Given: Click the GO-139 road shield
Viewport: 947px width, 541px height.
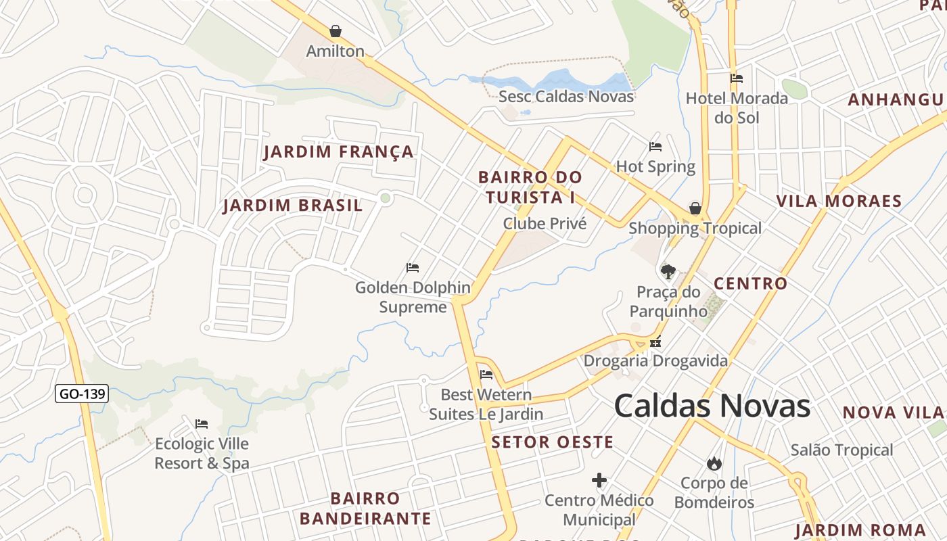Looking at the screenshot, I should point(82,394).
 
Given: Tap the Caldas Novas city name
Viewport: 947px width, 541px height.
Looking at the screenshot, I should point(712,406).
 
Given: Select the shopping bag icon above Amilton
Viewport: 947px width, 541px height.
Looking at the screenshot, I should point(336,31).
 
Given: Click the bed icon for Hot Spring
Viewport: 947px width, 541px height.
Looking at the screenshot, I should point(655,147).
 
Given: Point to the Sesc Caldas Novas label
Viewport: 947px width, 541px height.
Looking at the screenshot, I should point(566,96).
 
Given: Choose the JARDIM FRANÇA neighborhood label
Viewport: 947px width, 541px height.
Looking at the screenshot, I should point(338,151).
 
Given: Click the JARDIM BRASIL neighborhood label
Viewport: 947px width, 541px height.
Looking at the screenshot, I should point(292,206).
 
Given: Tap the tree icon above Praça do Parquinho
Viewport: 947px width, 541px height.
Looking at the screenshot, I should point(668,272).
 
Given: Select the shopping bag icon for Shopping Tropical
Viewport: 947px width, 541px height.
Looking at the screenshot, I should point(695,208).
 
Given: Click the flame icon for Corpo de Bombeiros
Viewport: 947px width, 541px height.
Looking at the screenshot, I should point(714,463).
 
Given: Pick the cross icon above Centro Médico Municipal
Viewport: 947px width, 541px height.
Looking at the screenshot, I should point(599,481).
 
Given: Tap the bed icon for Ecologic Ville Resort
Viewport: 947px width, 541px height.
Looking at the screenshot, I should point(202,424).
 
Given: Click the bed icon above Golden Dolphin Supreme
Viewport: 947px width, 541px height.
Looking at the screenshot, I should point(412,268).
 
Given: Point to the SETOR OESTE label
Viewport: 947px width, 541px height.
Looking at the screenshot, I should point(552,442).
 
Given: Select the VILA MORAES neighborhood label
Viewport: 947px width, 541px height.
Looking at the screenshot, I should point(839,201).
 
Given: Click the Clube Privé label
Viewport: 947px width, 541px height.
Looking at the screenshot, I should point(545,223).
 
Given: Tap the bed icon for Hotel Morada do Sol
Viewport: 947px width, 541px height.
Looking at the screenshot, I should point(737,78).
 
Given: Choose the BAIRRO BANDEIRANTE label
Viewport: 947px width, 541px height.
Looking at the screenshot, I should point(365,509).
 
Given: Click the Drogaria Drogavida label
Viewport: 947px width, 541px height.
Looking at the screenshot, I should point(655,360).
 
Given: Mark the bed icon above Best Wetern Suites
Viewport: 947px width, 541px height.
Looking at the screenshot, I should point(486,375).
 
